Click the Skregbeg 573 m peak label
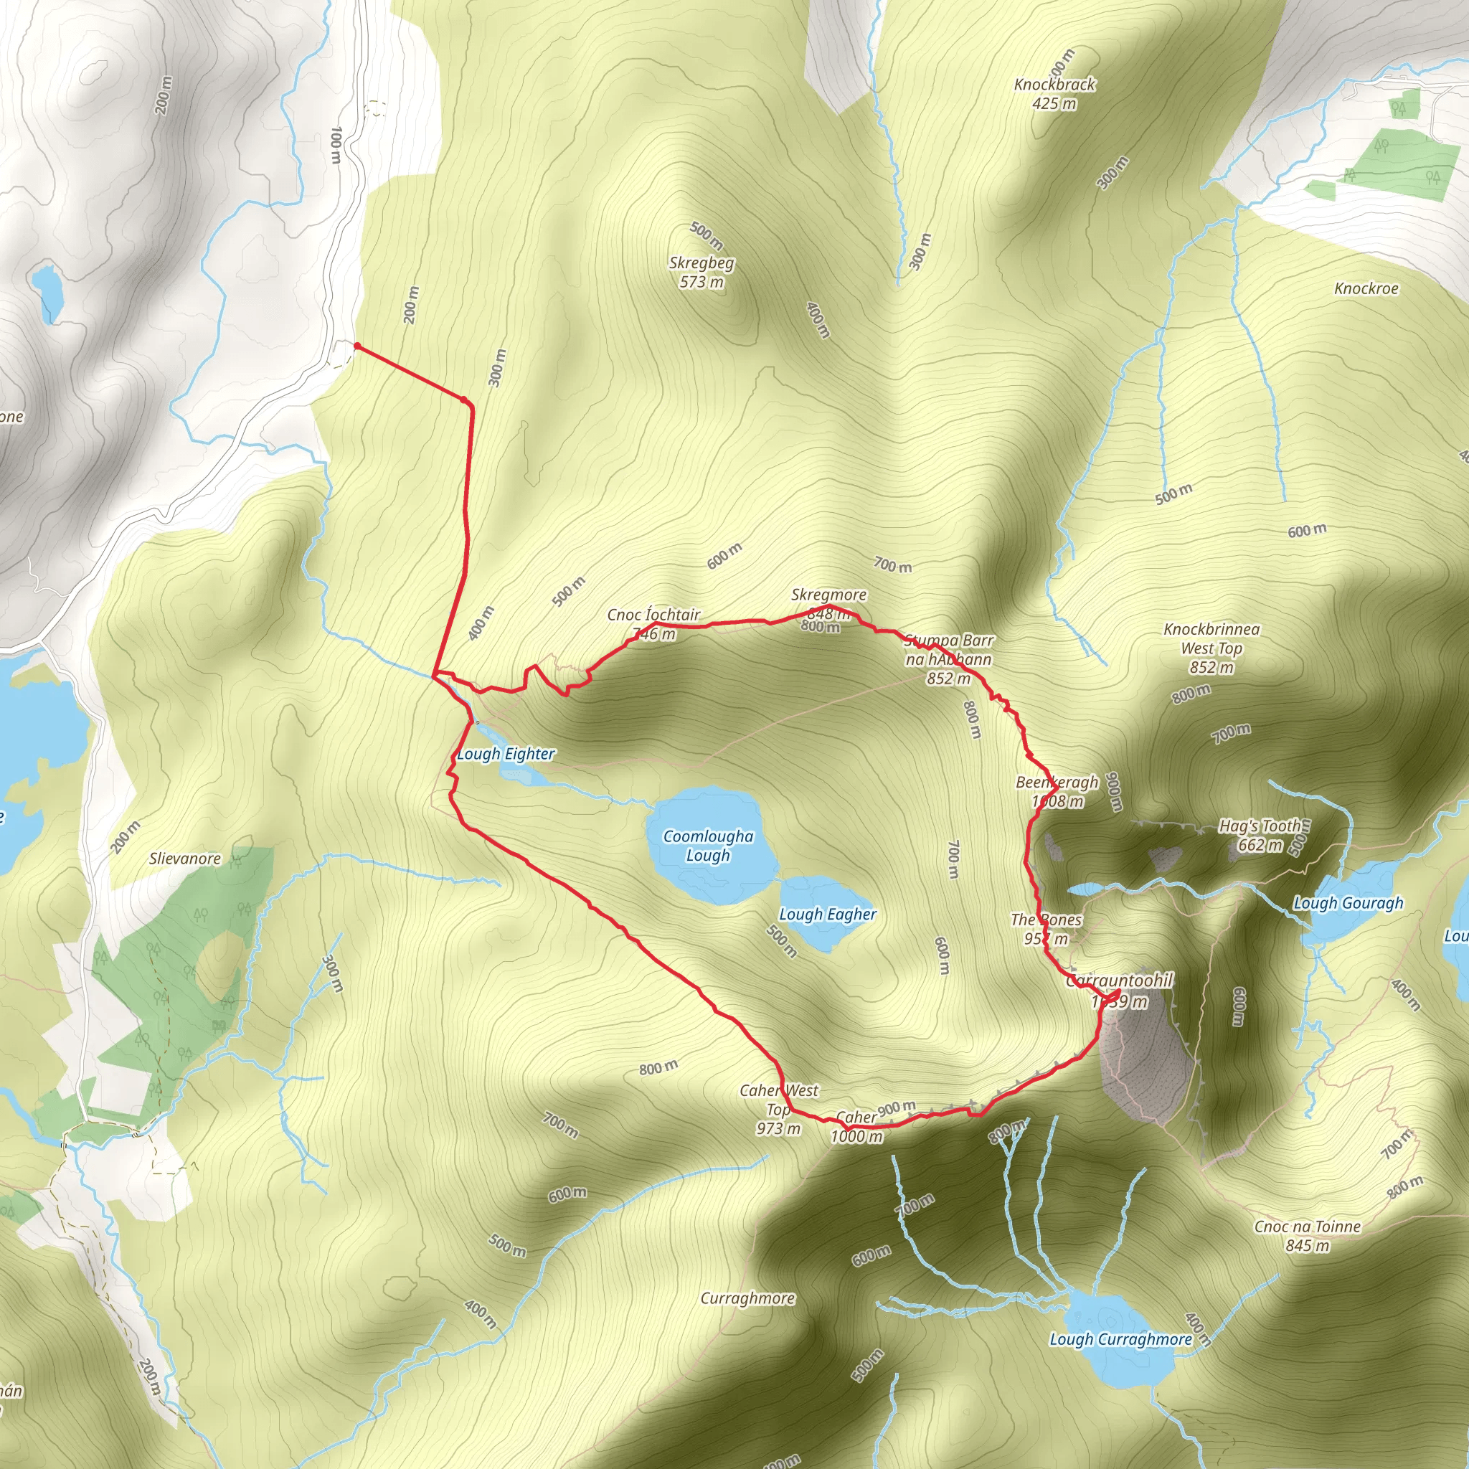point(701,272)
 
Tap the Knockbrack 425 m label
point(1054,93)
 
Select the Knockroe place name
point(1366,289)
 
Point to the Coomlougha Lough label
point(708,846)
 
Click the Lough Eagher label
point(827,915)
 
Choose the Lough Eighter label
point(506,755)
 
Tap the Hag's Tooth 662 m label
point(1260,835)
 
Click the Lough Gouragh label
point(1348,903)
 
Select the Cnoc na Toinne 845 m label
point(1307,1236)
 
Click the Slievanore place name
point(185,859)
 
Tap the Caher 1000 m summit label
point(856,1127)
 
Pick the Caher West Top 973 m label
point(778,1110)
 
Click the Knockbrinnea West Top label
point(1211,648)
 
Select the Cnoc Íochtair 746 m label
point(653,623)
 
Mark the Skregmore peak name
point(828,595)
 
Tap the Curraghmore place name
point(747,1298)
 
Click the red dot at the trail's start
point(356,346)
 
